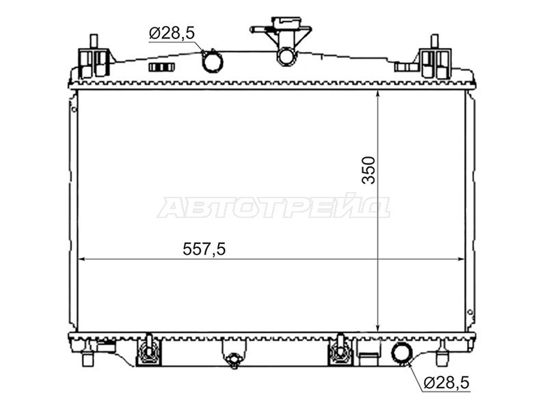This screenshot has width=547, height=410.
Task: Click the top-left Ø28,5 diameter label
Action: pos(172,33)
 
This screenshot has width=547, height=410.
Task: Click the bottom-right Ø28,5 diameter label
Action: pos(447,383)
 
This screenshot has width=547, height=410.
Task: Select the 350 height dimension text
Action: pos(369,170)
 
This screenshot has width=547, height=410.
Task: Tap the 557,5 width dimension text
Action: pos(204,249)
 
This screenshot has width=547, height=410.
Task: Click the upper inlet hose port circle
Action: pos(213,61)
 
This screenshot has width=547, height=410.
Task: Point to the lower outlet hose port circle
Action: pos(402,353)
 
